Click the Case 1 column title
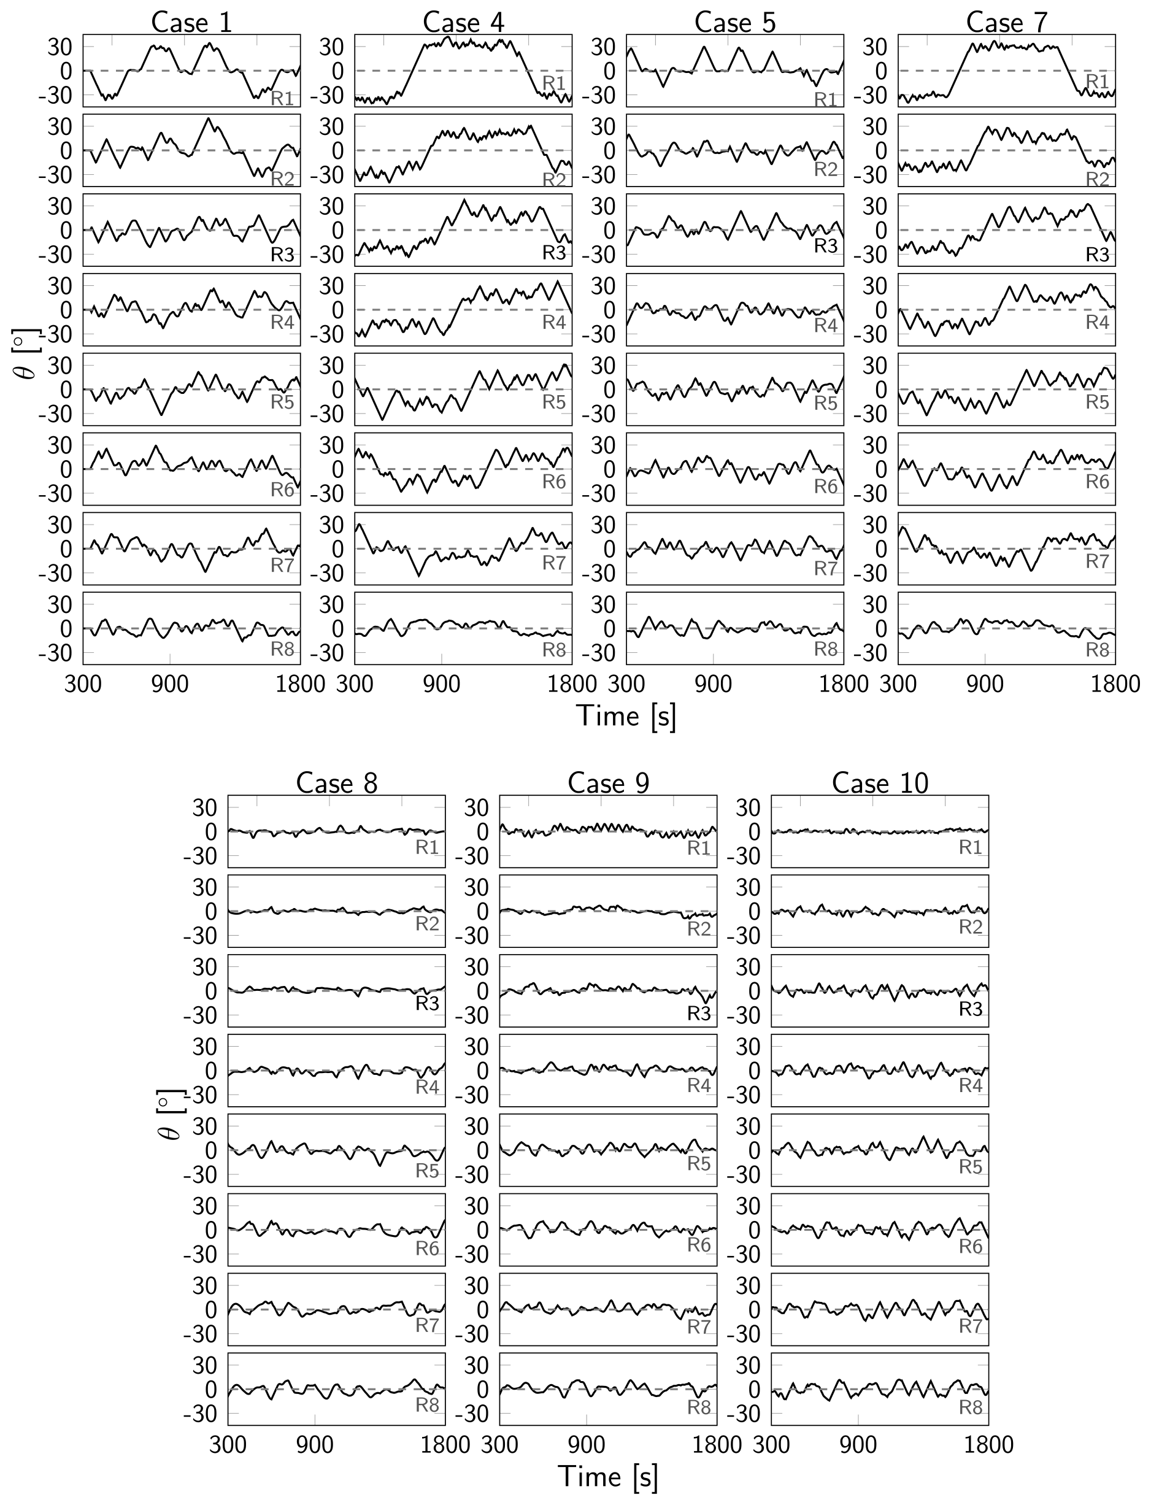[191, 22]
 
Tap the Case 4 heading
[463, 22]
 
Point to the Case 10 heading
[880, 783]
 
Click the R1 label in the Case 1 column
[282, 98]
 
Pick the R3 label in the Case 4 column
[554, 253]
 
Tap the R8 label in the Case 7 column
[1098, 649]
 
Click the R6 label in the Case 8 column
[427, 1248]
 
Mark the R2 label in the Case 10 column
[971, 927]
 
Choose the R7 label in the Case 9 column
[699, 1327]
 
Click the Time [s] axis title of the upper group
[627, 716]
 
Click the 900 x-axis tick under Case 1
[170, 683]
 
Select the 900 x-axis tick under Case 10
[858, 1444]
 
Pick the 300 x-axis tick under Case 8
[228, 1444]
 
